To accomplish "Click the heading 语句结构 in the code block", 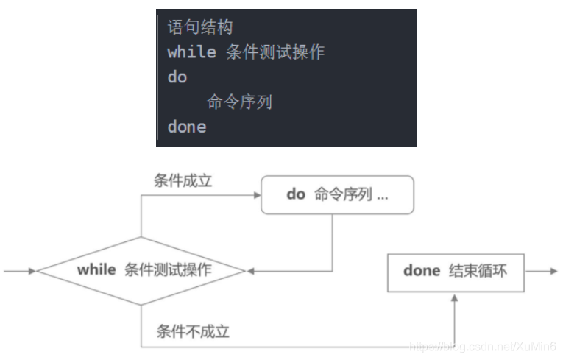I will point(200,28).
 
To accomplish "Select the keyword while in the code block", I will point(191,52).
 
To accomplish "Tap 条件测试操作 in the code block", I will point(276,52).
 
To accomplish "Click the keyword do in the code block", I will point(177,77).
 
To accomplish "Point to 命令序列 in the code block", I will point(240,102).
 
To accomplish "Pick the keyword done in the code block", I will point(187,127).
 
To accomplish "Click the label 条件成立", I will point(183,180).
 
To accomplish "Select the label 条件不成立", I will point(193,331).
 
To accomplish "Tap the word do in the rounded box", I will point(295,195).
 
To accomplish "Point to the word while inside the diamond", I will point(96,269).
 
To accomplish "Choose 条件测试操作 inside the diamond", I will point(168,270).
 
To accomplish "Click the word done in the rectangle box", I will point(422,271).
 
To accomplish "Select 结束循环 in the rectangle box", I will point(478,271).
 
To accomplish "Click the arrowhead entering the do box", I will point(257,195).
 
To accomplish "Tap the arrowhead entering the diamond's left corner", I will point(32,271).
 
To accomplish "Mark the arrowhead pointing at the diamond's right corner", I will point(250,271).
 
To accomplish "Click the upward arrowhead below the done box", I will point(456,297).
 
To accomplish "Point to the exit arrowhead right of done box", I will point(553,271).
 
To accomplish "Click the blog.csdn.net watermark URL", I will point(481,345).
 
